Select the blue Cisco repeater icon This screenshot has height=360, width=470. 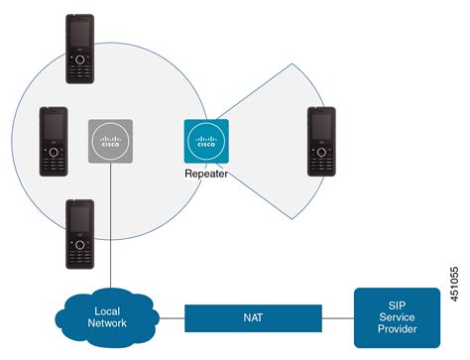[206, 141]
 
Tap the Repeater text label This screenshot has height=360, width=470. [206, 173]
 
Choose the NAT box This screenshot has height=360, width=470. [253, 316]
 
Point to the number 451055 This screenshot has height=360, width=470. [454, 281]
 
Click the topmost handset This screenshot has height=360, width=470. [80, 50]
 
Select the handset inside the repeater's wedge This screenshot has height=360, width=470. [321, 141]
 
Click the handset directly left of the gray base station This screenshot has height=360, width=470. [54, 141]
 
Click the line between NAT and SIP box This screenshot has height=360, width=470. [338, 316]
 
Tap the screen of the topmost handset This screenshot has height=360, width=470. [80, 36]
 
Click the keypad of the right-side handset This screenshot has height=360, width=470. [321, 160]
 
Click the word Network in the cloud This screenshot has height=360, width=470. [105, 322]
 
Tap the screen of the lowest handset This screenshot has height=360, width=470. [80, 219]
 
